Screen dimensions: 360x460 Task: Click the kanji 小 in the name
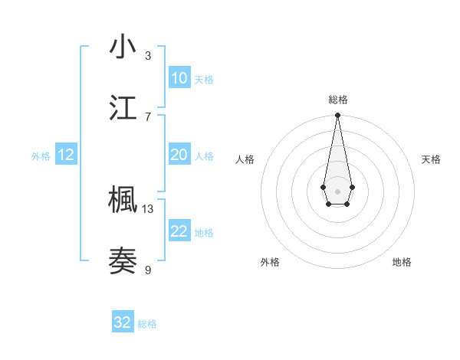(123, 47)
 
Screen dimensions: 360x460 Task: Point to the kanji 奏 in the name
(123, 261)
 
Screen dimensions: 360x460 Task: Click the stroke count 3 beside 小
(148, 55)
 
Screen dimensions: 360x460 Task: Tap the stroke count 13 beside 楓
(148, 208)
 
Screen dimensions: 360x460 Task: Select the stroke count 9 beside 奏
(148, 270)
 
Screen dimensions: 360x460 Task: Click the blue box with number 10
(179, 78)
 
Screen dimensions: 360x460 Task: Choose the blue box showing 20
(179, 155)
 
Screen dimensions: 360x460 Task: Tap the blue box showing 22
(179, 231)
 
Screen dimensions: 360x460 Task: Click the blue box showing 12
(66, 155)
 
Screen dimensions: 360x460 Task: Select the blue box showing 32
(123, 322)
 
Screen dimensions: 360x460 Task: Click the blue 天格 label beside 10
(204, 80)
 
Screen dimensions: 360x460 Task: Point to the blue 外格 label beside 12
(41, 156)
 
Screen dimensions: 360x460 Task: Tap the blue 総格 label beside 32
(147, 324)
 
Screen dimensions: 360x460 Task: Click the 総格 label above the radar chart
(337, 100)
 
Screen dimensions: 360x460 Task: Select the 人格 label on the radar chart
(245, 159)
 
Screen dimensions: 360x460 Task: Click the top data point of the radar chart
(337, 116)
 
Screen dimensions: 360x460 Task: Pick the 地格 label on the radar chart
(402, 262)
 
